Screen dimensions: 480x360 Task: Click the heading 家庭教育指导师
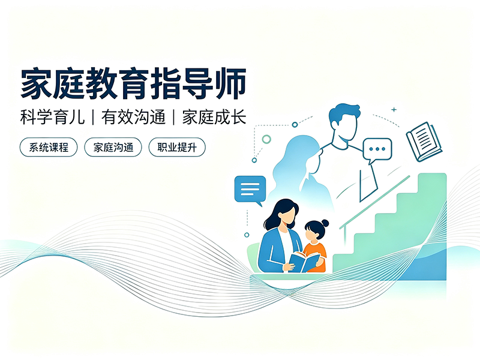(x=133, y=83)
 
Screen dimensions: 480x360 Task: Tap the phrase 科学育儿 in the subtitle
(x=52, y=117)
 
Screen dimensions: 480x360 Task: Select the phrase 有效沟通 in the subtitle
(x=133, y=117)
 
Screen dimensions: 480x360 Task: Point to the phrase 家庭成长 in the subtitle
(x=214, y=117)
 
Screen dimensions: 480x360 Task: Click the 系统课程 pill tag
(x=49, y=147)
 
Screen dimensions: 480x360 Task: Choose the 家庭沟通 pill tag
(x=113, y=147)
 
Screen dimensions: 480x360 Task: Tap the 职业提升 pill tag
(x=177, y=147)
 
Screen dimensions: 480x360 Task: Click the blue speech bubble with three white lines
(x=250, y=190)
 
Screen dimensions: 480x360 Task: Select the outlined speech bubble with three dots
(x=377, y=151)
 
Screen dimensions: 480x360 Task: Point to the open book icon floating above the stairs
(x=424, y=142)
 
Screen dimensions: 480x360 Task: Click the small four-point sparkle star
(x=394, y=109)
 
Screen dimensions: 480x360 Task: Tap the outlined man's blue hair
(x=344, y=113)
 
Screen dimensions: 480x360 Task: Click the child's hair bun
(x=325, y=223)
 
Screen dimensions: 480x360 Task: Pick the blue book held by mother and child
(x=305, y=262)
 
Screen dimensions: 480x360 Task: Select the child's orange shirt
(x=316, y=256)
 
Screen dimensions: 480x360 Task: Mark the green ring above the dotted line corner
(x=266, y=139)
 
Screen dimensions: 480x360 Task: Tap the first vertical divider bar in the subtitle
(x=93, y=117)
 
